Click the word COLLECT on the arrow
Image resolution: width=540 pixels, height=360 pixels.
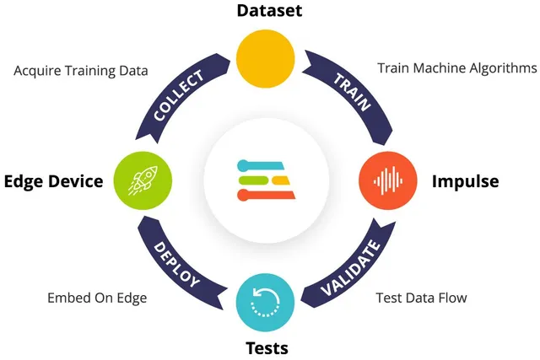tap(178, 94)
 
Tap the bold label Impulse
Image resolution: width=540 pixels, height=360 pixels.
tap(465, 181)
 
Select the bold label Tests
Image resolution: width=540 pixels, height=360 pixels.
tap(269, 347)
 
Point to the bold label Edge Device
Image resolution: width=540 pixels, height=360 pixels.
tap(53, 181)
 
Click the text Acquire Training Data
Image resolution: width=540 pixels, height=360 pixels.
tap(81, 71)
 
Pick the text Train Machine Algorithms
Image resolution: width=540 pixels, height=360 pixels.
tap(456, 67)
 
